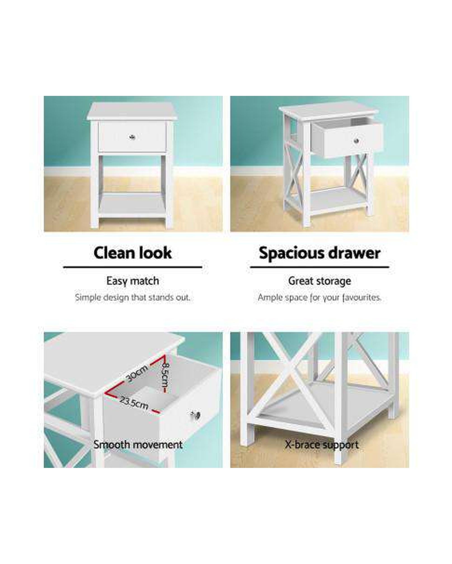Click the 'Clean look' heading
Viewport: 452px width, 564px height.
(x=133, y=253)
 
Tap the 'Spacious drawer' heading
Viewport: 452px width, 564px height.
(x=319, y=253)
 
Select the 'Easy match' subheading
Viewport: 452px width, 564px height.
(x=133, y=281)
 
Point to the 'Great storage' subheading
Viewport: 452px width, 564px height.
(x=319, y=281)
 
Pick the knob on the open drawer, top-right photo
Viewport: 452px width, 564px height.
(x=356, y=141)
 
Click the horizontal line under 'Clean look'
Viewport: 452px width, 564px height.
(x=133, y=267)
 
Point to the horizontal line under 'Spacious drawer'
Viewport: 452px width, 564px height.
(x=319, y=267)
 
